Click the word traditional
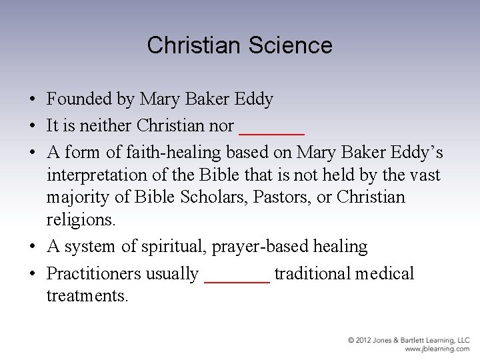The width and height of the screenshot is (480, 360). coord(313,273)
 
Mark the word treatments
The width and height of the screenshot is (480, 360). coord(87,295)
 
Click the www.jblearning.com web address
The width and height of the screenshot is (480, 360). coord(437,349)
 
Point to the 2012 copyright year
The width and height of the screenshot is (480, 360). coord(364,341)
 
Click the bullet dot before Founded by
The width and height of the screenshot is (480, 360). coord(32,100)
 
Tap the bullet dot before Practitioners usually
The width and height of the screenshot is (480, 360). coord(32,274)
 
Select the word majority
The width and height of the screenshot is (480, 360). coord(77,197)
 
